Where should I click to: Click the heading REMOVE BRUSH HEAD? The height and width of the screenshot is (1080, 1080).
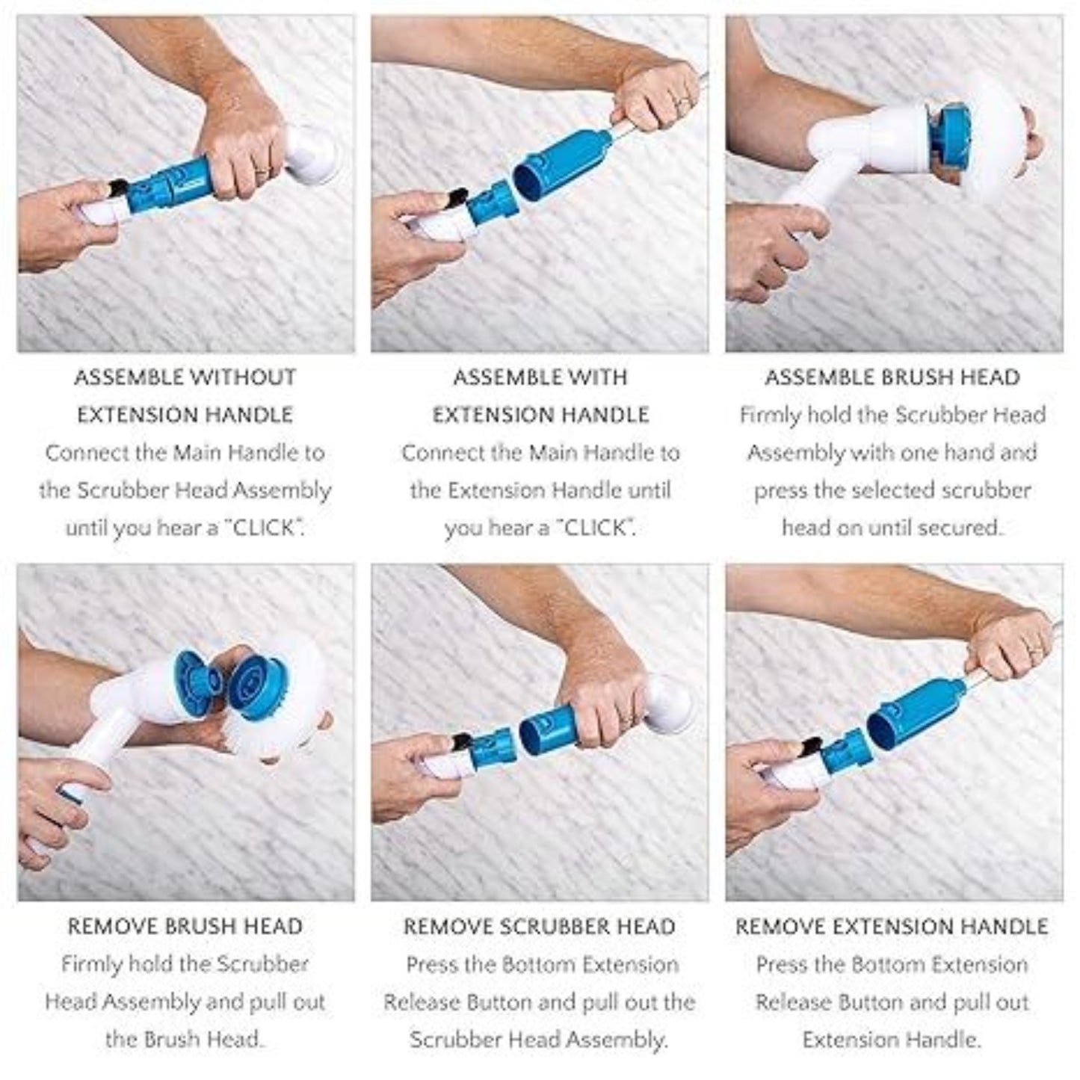coord(185,927)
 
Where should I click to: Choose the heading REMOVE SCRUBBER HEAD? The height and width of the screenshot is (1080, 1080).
coord(539,927)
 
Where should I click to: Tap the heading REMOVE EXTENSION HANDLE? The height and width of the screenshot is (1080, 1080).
coord(892,927)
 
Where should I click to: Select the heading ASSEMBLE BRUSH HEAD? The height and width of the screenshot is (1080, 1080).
coord(892,377)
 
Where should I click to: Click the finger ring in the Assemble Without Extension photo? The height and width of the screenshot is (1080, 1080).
coord(261,171)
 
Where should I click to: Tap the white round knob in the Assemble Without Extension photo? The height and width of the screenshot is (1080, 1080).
coord(312,154)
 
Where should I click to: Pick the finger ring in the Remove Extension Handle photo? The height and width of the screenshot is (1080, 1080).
coord(1036,651)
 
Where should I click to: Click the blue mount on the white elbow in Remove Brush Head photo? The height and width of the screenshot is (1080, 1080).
coord(196,676)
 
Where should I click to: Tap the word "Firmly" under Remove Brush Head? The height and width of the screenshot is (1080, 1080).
coord(91,965)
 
